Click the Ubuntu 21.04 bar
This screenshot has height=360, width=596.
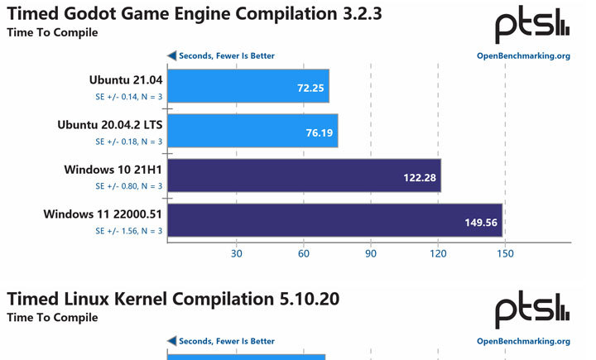tap(248, 86)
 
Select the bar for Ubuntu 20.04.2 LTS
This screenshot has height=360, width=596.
tap(252, 131)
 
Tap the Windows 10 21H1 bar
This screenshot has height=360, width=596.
tap(304, 175)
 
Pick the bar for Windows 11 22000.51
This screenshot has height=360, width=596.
tap(334, 220)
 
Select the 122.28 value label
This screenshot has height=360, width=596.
tap(420, 176)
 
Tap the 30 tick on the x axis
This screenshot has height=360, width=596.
tap(236, 253)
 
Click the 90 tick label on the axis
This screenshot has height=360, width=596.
tap(370, 253)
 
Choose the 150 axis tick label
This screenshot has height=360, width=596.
tap(504, 253)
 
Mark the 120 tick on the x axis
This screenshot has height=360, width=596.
tap(437, 253)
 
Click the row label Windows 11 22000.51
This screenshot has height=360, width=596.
tap(103, 214)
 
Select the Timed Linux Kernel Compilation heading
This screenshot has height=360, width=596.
tap(173, 299)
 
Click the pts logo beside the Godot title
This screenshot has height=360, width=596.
tap(532, 26)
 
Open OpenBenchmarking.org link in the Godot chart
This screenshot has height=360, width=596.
tap(523, 56)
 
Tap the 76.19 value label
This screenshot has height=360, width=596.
tap(318, 132)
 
